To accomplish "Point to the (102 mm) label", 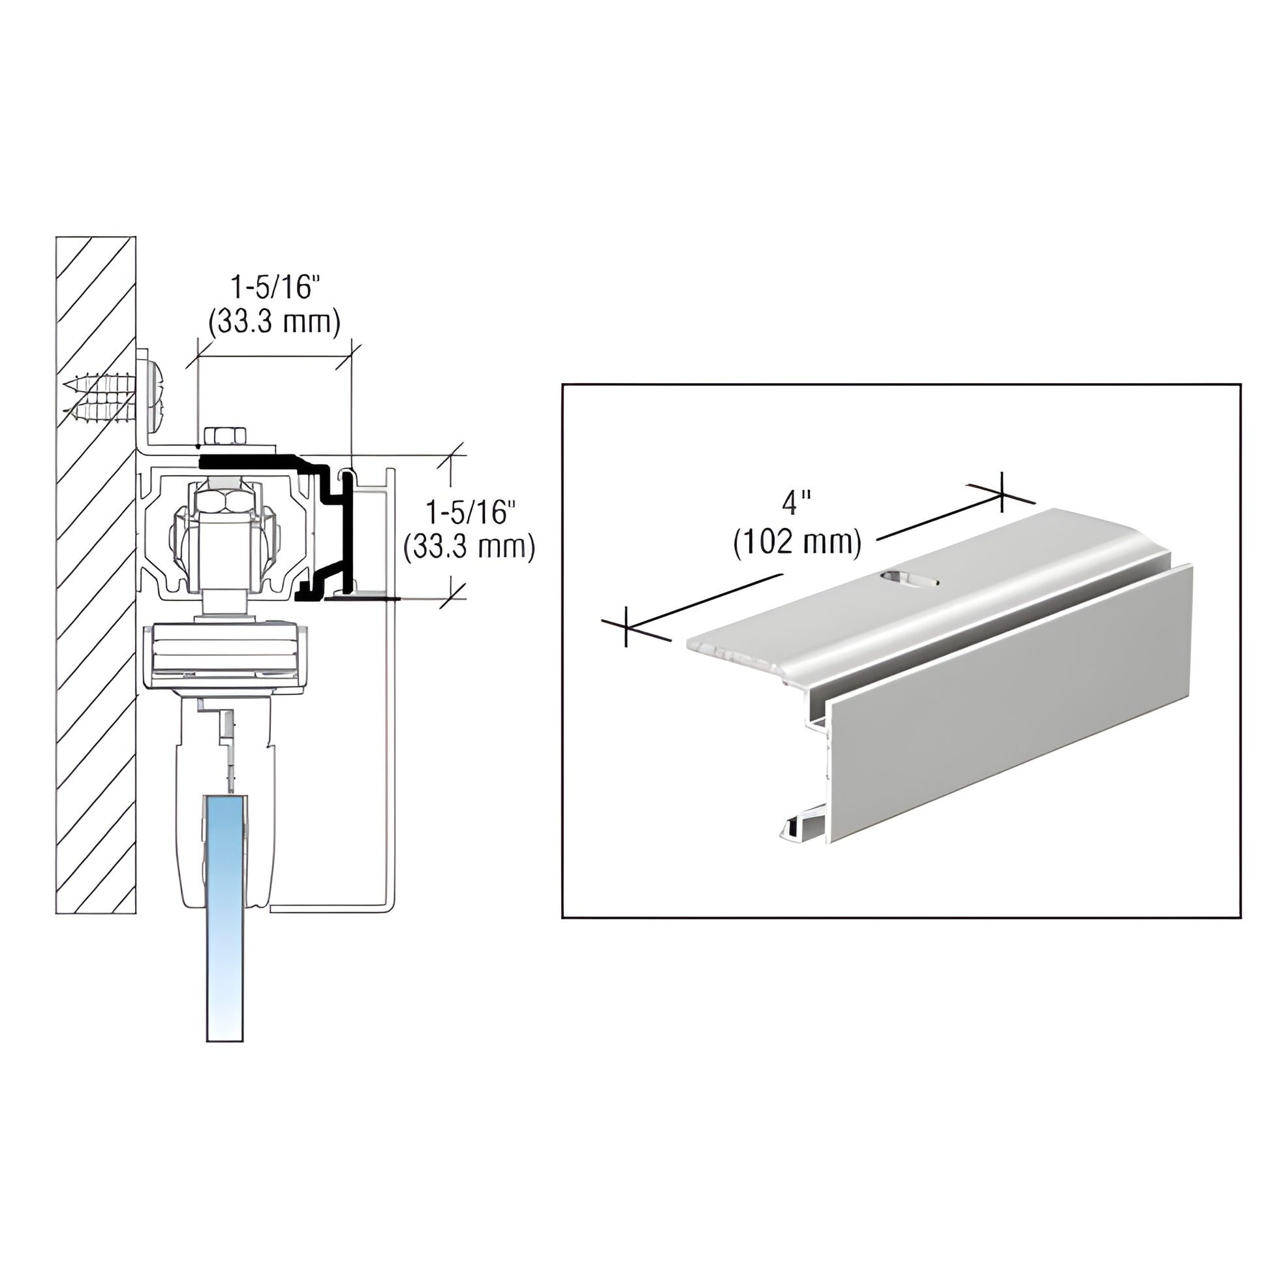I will [x=797, y=543].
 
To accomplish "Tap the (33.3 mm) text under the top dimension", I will [x=274, y=322].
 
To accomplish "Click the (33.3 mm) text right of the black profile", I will [x=469, y=546].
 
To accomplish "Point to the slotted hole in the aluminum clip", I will [x=910, y=578].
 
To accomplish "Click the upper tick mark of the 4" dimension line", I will [x=1001, y=491].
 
